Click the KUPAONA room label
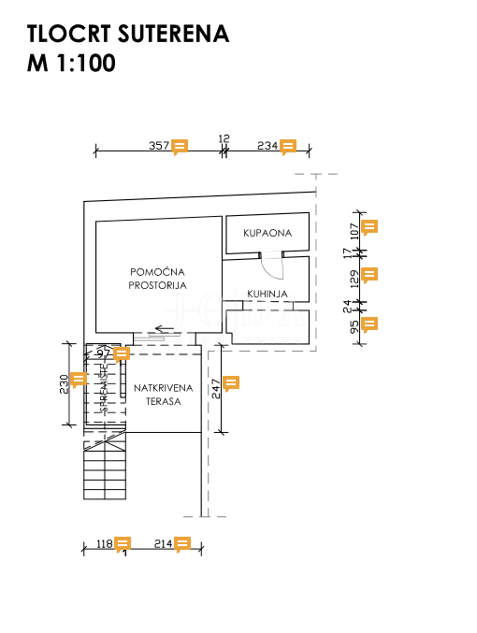pos(268,233)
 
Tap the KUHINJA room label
pos(267,294)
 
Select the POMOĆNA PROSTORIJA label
pos(158,279)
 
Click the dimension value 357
pos(159,146)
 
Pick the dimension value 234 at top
pos(267,146)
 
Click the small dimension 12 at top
pos(224,138)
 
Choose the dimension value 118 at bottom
pos(104,543)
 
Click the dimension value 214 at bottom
pos(163,543)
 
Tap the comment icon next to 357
pos(181,146)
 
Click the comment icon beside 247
pos(231,382)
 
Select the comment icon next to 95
pos(369,324)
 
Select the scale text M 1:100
pos(71,64)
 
